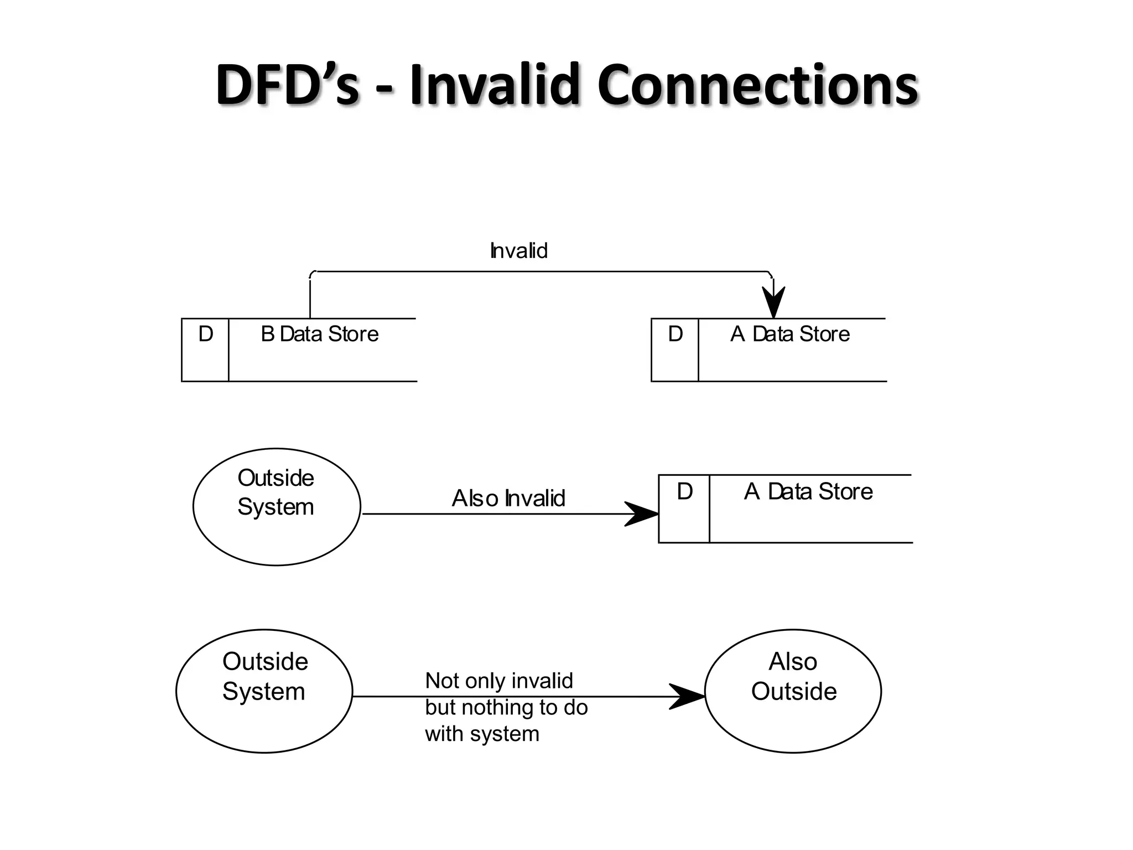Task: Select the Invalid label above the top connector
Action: tap(518, 251)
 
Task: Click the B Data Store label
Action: tap(319, 334)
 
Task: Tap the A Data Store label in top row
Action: tap(789, 334)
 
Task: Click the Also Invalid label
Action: tap(508, 498)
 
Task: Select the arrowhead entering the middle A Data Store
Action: tap(642, 514)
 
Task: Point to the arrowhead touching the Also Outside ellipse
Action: tap(687, 697)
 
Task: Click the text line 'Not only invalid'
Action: tap(498, 681)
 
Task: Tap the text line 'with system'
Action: tap(482, 734)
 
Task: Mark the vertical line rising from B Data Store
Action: tap(310, 299)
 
